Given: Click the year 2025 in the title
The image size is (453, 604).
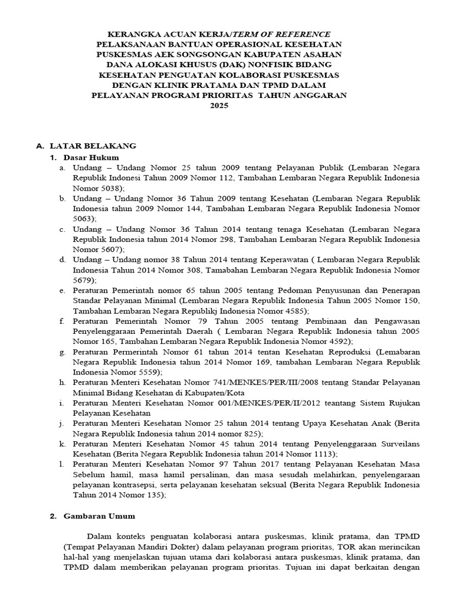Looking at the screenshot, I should click(x=218, y=106).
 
